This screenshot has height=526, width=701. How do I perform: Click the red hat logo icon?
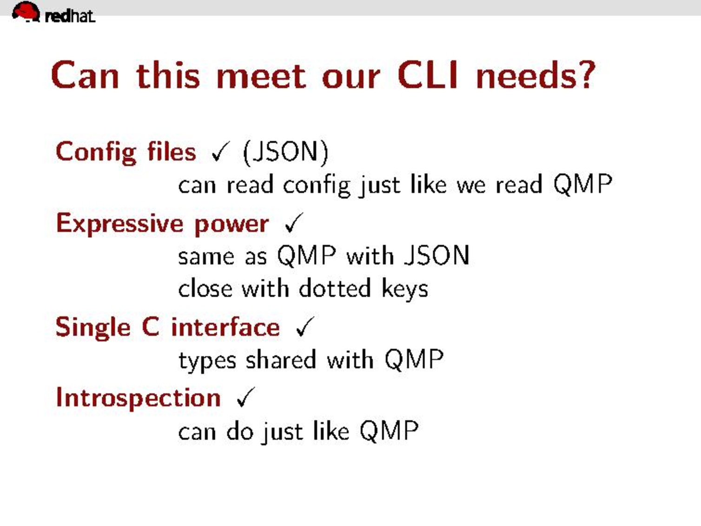click(26, 12)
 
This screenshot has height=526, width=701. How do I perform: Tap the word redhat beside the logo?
click(70, 16)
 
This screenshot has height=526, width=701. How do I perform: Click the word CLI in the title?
click(428, 75)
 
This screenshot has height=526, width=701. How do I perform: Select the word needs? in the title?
click(536, 75)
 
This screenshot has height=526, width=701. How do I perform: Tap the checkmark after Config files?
click(220, 151)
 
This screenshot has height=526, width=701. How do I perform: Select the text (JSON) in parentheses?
click(285, 153)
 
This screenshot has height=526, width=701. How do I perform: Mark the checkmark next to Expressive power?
click(293, 223)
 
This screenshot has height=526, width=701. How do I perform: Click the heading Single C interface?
click(168, 327)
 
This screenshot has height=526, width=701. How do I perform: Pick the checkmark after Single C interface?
click(305, 326)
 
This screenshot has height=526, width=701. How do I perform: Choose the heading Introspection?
click(138, 399)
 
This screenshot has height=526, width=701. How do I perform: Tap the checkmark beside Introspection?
click(246, 397)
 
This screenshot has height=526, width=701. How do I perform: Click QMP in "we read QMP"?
click(583, 185)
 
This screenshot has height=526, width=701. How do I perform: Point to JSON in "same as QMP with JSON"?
click(437, 255)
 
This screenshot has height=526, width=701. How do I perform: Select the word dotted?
click(335, 288)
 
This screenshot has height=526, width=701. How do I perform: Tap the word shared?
click(281, 360)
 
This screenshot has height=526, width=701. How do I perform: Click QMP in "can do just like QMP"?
click(389, 431)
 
